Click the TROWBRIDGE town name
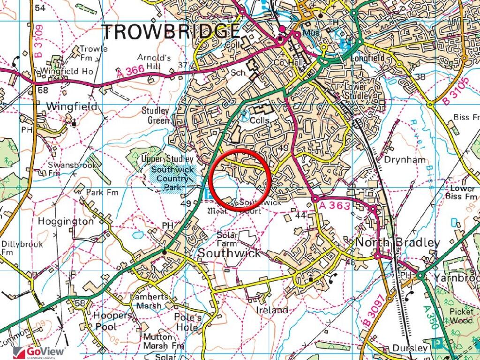click(x=171, y=32)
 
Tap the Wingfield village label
click(x=72, y=107)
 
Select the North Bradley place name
click(x=398, y=243)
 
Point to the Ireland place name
click(x=272, y=310)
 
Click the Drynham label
click(x=405, y=160)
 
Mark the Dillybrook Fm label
click(x=22, y=248)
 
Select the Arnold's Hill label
click(x=152, y=61)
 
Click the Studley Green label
click(x=156, y=116)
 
